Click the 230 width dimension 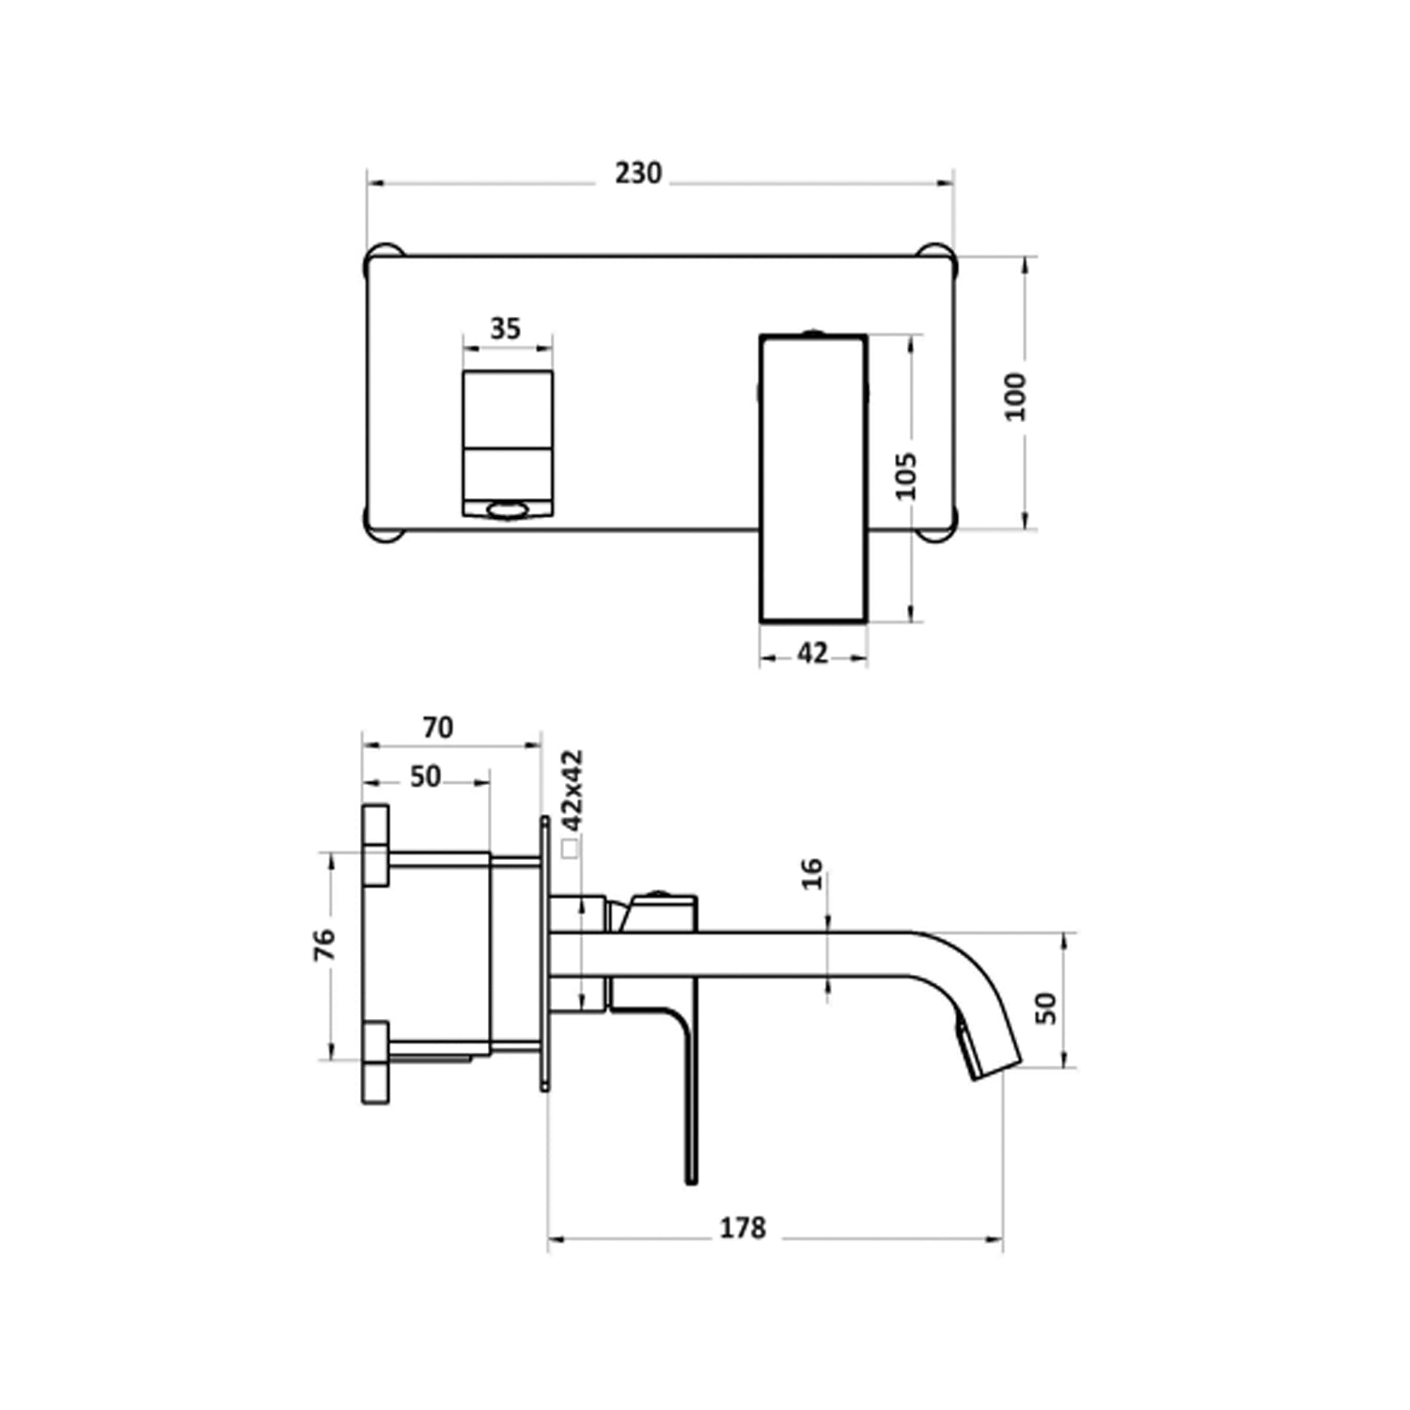(x=638, y=174)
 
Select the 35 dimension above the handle (x=505, y=329)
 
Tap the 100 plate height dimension (x=1016, y=396)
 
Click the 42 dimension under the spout (x=812, y=652)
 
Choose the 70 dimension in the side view (x=438, y=728)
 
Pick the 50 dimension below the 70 (x=425, y=776)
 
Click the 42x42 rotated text (x=572, y=789)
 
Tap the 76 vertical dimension (x=323, y=944)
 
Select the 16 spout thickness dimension (x=813, y=873)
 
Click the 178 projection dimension (x=743, y=1228)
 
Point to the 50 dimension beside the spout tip (x=1045, y=1008)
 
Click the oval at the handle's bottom (x=507, y=510)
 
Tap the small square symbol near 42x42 (x=569, y=849)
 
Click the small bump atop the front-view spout (x=813, y=332)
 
